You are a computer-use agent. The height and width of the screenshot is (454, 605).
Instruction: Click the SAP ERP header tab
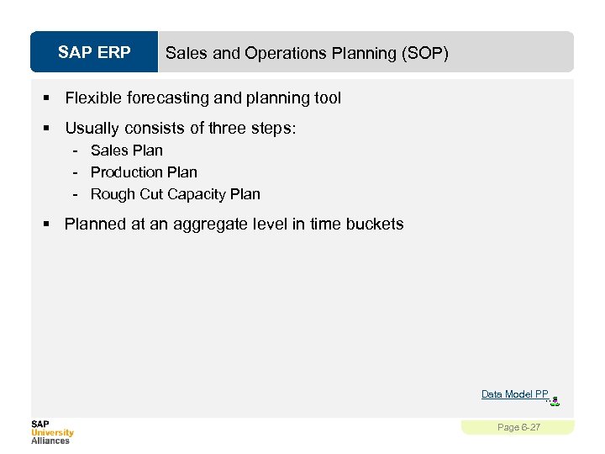click(x=94, y=53)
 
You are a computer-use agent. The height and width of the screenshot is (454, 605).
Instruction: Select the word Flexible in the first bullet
click(x=93, y=98)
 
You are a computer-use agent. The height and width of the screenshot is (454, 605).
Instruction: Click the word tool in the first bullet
click(x=328, y=98)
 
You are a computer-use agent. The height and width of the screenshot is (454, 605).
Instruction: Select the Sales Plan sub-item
click(x=127, y=150)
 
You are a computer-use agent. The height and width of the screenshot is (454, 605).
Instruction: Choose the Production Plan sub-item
click(x=144, y=172)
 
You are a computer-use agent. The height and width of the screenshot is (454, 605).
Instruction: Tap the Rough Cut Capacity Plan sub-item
click(x=176, y=194)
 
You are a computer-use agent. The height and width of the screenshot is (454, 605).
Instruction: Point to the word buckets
click(x=374, y=224)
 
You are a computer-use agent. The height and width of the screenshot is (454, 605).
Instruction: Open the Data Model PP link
click(x=514, y=394)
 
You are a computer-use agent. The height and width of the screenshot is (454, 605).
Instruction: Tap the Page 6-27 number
click(x=518, y=428)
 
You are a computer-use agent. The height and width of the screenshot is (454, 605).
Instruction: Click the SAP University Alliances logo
click(x=52, y=432)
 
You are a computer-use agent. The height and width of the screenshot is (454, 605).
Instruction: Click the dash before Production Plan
click(x=76, y=172)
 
